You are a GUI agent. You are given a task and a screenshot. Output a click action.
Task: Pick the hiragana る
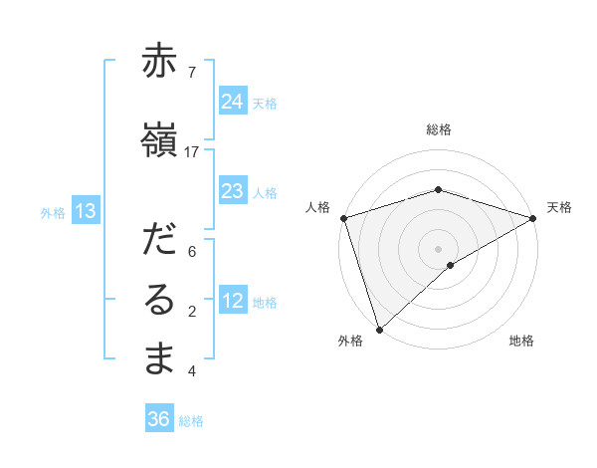(159, 302)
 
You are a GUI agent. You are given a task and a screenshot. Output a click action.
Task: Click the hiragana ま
(159, 359)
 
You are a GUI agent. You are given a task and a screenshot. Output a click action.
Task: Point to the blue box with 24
(233, 102)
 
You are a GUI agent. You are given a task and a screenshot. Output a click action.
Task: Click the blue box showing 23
(233, 191)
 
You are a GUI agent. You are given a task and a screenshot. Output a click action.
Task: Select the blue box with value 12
(233, 302)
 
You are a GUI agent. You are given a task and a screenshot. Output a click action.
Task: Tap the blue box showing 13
(85, 211)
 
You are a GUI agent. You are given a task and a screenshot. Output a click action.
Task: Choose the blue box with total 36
(159, 419)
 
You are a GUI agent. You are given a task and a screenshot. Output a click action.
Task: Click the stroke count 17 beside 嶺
(192, 152)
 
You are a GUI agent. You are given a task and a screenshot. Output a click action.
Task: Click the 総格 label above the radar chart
(438, 129)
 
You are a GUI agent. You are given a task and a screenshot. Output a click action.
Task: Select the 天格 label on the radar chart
(559, 207)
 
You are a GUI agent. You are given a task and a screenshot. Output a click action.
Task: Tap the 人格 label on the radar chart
(317, 207)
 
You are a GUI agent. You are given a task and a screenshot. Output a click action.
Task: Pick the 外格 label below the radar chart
(350, 341)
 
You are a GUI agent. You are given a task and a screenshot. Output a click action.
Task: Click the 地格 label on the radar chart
(521, 341)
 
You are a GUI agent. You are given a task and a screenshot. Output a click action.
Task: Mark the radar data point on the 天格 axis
(534, 217)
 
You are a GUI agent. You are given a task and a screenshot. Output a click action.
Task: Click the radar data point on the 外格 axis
(378, 329)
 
